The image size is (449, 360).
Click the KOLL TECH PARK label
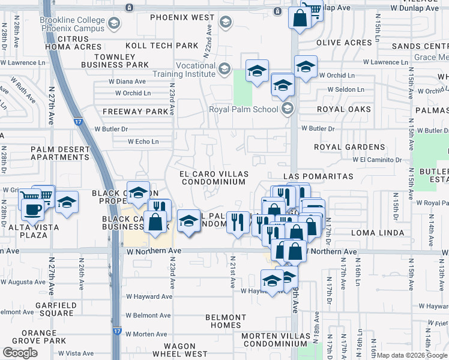point(161,46)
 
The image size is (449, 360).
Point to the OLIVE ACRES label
point(344,43)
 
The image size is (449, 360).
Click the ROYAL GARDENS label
point(349,147)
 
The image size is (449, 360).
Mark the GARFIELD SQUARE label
point(56,309)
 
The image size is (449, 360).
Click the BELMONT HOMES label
point(226,321)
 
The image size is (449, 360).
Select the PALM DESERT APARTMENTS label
point(59,153)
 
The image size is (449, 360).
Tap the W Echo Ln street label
point(143,142)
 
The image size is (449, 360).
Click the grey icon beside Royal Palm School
point(287,109)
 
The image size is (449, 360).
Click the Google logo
point(20,353)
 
